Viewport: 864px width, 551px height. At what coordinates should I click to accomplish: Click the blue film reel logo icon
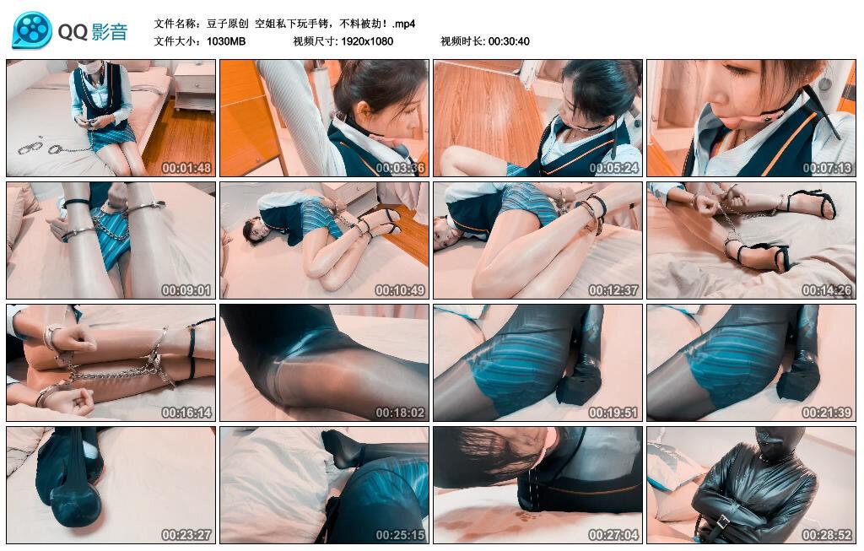click(32, 30)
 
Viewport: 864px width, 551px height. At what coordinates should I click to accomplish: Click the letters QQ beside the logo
click(73, 33)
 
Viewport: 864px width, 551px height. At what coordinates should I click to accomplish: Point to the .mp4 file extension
click(404, 24)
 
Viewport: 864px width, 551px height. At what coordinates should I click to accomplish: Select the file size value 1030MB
click(226, 41)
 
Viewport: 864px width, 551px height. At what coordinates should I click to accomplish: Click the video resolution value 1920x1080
click(367, 41)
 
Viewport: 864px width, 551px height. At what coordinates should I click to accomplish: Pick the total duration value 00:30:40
click(509, 41)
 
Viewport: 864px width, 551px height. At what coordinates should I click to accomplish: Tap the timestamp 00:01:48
click(186, 168)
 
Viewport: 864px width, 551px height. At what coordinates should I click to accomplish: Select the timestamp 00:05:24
click(613, 168)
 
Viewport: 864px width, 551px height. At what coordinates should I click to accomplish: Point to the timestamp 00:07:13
click(827, 168)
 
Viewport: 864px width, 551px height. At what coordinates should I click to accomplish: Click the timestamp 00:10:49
click(400, 290)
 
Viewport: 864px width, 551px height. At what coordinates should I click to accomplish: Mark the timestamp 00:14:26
click(827, 290)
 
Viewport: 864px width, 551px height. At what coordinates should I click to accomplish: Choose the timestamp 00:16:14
click(186, 413)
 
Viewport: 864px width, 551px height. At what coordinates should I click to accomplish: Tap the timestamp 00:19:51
click(613, 413)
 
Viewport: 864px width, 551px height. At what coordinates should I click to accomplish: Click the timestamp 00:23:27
click(186, 535)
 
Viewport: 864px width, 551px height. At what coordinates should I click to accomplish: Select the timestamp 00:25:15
click(400, 535)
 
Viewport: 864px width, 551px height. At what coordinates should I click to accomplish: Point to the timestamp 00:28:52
click(827, 535)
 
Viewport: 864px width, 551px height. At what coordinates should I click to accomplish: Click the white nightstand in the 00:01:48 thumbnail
click(194, 85)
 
